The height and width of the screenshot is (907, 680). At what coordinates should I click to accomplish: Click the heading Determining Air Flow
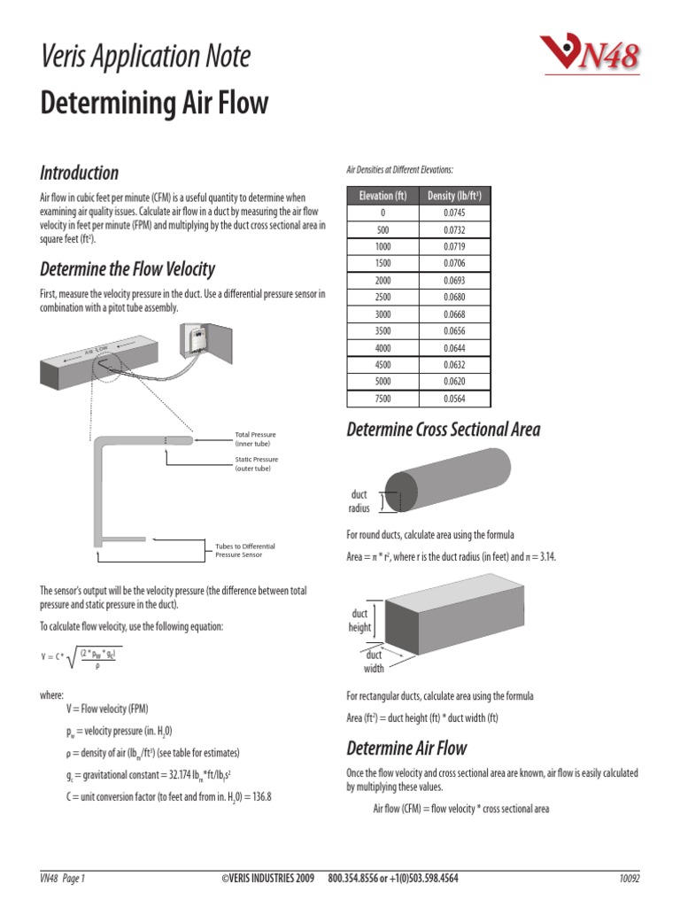[154, 104]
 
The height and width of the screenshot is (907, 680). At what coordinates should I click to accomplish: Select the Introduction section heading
[80, 172]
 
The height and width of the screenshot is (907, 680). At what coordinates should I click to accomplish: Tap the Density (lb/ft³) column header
[453, 196]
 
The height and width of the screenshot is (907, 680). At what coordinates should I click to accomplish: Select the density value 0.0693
[453, 279]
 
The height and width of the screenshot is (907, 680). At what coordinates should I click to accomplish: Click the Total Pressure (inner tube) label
[255, 438]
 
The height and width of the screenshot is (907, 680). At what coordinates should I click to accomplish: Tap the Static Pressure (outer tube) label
[256, 463]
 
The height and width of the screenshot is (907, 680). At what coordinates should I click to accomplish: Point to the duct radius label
[359, 502]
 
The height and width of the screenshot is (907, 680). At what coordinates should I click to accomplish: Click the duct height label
[359, 619]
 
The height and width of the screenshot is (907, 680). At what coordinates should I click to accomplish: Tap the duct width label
[374, 662]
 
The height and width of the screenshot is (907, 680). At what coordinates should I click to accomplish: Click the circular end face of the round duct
[399, 492]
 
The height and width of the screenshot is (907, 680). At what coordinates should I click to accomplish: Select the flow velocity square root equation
[81, 656]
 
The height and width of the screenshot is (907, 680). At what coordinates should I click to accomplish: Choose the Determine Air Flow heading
[406, 748]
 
